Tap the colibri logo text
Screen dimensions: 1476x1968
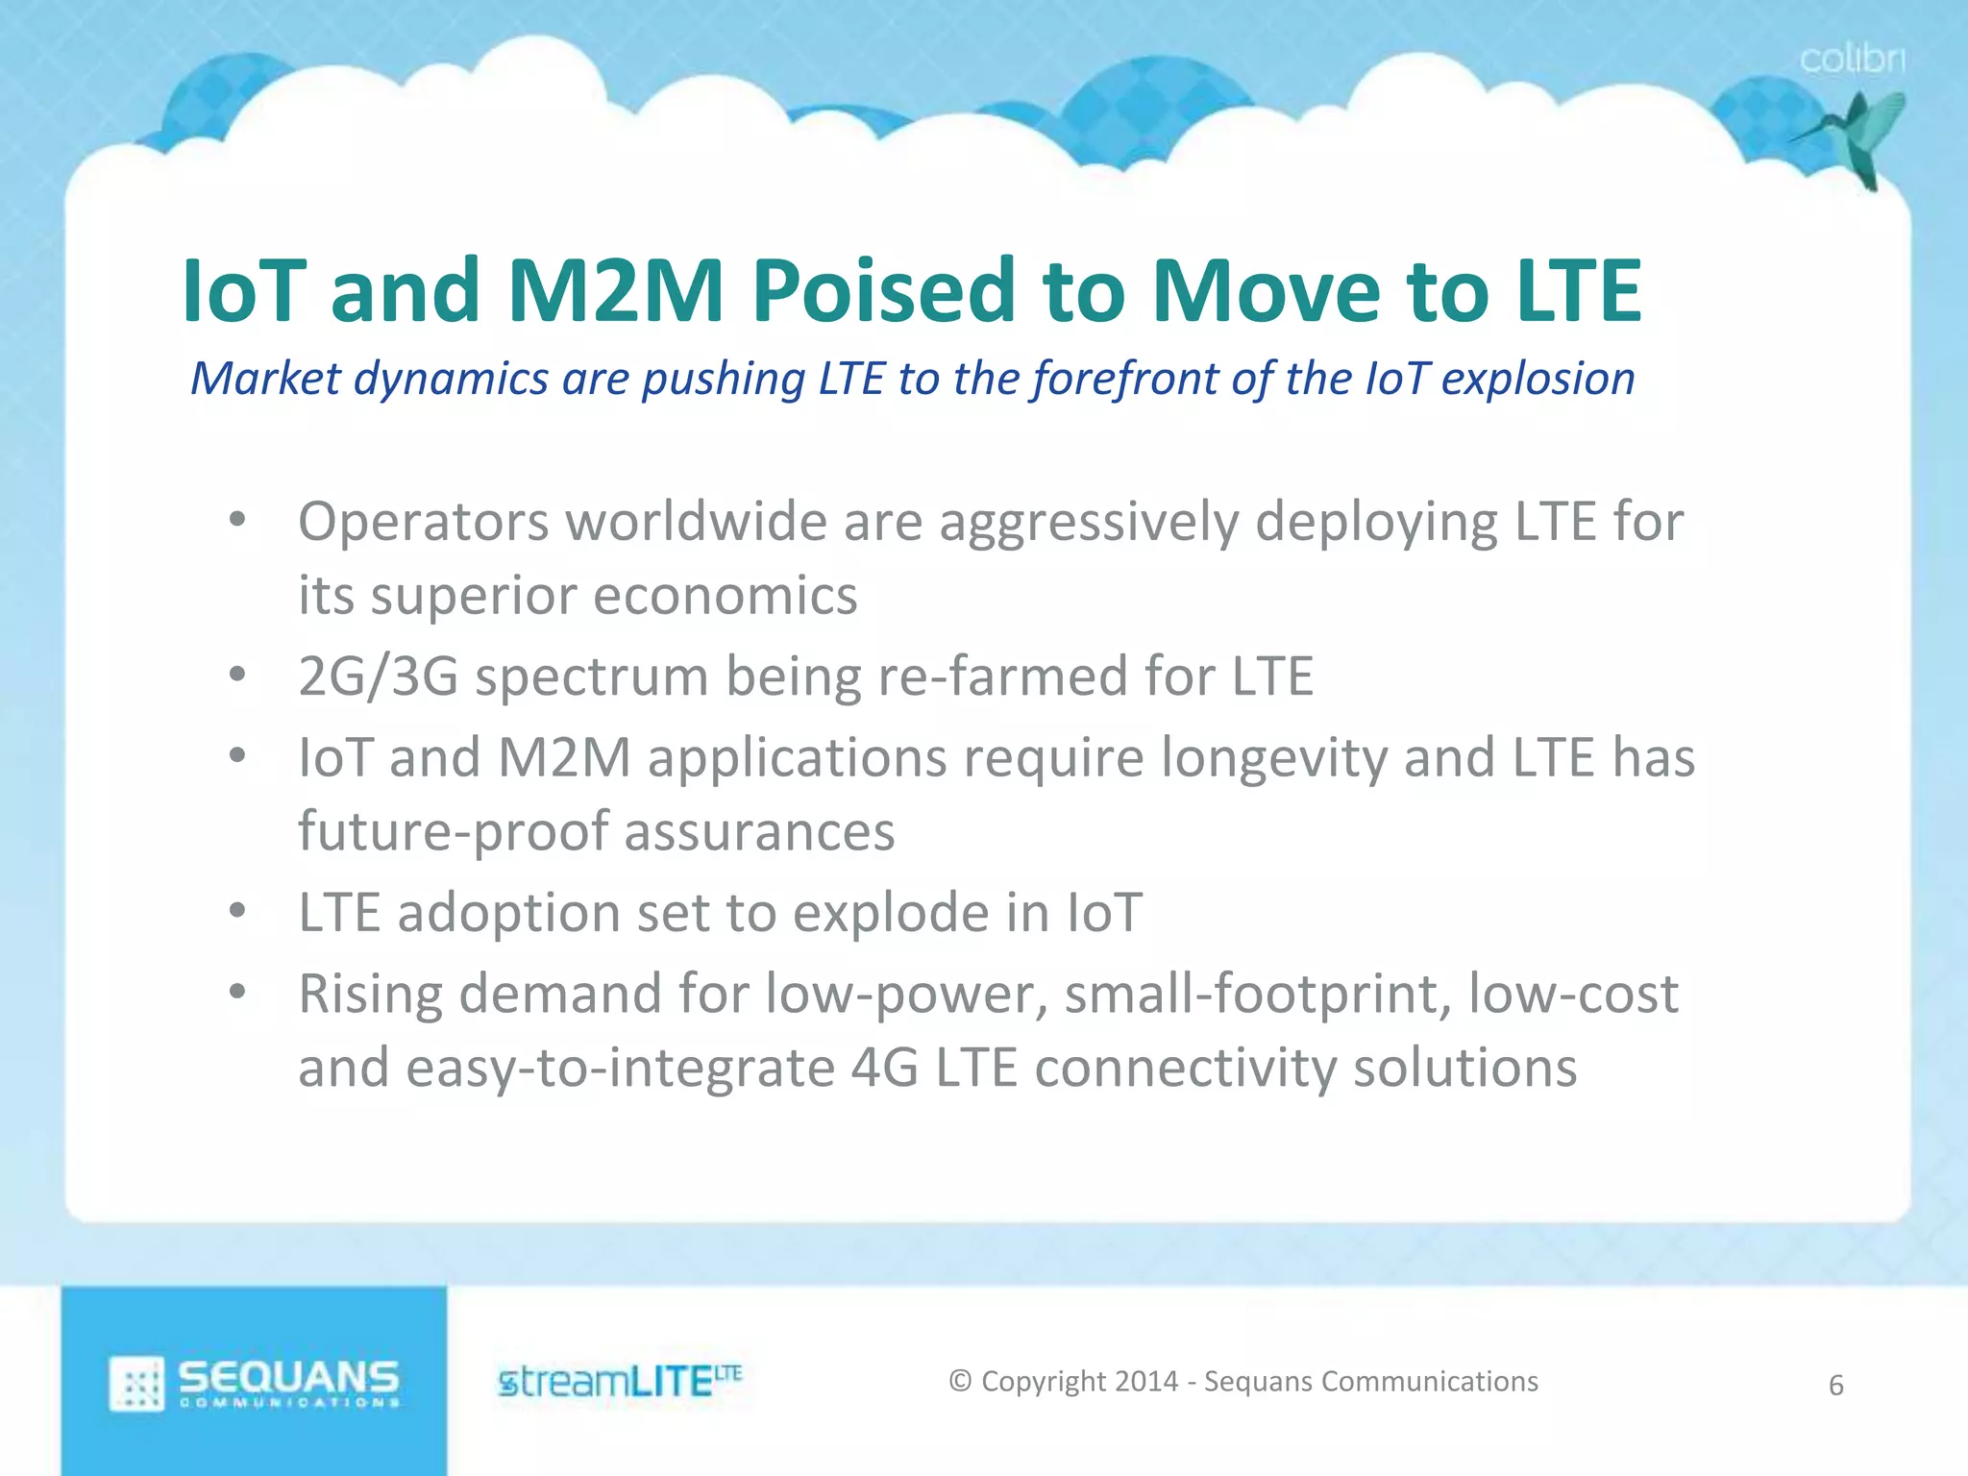[x=1852, y=60]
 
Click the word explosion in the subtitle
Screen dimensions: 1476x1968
[x=1537, y=379]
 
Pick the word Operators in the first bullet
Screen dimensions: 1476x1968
[x=423, y=523]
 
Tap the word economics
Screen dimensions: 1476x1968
[x=725, y=596]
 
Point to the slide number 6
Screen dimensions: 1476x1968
[x=1835, y=1386]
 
